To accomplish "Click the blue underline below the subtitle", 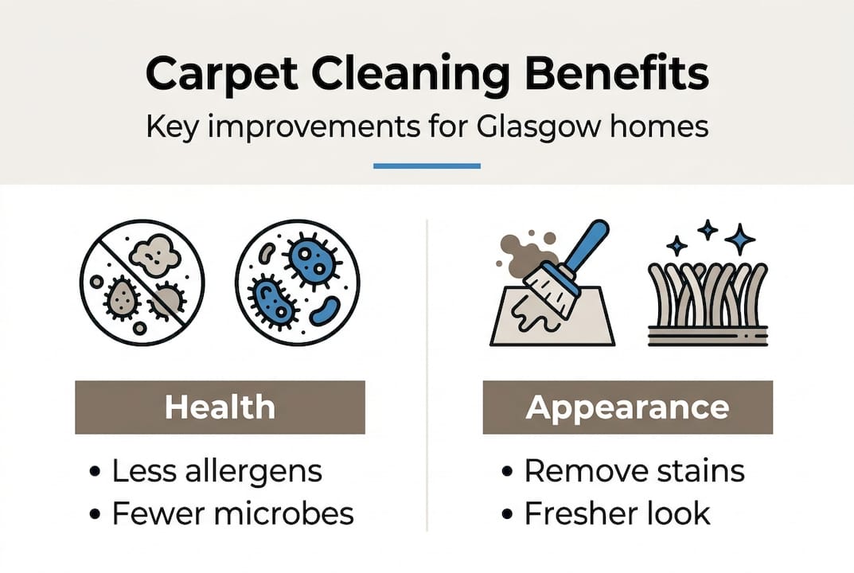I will tap(427, 166).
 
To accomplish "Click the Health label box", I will tap(220, 407).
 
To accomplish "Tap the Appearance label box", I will tap(627, 407).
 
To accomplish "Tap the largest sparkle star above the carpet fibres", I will tap(739, 239).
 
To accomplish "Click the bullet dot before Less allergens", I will tap(96, 472).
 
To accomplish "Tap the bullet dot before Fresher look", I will tap(507, 514).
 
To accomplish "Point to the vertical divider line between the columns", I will tap(427, 374).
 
